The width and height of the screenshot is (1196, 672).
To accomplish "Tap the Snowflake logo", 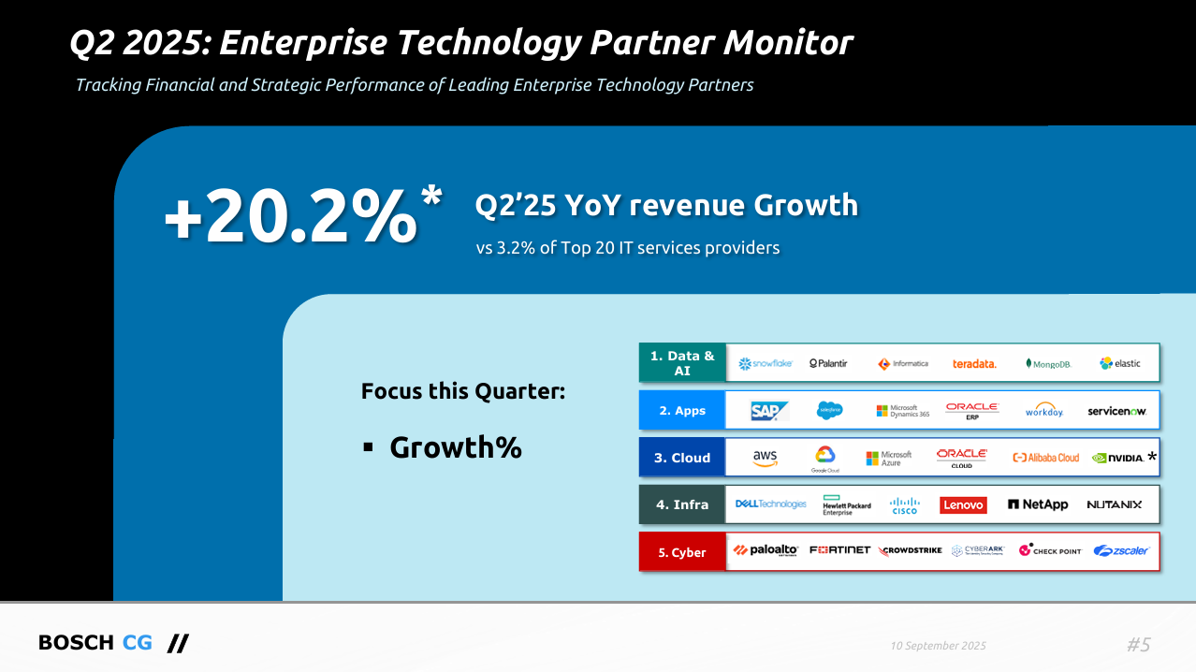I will [766, 363].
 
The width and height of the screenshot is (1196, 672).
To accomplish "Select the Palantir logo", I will [828, 363].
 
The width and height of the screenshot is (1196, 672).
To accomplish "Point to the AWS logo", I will [765, 458].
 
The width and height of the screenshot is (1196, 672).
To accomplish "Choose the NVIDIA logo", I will [1117, 458].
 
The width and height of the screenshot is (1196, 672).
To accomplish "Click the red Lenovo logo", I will [963, 504].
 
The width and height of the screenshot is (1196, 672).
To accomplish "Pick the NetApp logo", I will [1038, 504].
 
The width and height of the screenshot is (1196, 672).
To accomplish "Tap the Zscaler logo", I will [1121, 551].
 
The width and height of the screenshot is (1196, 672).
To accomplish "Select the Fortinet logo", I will [839, 550].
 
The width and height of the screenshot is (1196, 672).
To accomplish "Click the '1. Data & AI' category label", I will [682, 363].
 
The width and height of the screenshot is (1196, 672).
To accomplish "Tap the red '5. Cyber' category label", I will [682, 552].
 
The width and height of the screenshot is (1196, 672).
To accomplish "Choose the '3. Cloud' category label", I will [682, 458].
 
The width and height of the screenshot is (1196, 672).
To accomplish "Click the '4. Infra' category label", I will [682, 504].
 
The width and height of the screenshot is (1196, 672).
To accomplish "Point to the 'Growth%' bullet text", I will [455, 447].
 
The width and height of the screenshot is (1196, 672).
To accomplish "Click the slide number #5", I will [1138, 644].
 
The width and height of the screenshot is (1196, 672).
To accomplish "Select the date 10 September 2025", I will [938, 646].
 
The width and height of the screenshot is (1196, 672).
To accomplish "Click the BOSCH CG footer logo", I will [112, 643].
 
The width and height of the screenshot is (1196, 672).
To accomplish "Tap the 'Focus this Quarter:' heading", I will [463, 391].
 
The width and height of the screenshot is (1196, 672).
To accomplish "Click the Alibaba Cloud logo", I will [1045, 458].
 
